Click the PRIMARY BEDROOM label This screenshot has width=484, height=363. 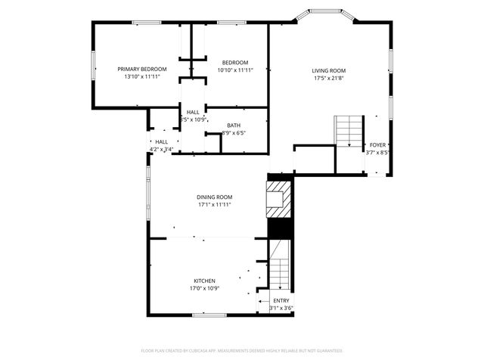(142, 69)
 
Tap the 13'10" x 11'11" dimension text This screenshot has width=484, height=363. (142, 76)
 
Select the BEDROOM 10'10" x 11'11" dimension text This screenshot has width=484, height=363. (234, 70)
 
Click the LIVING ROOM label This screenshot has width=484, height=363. (328, 70)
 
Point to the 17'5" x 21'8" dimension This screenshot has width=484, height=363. (328, 78)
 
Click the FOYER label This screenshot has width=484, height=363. (377, 144)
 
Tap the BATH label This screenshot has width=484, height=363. (234, 126)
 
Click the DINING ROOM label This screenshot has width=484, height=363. (214, 197)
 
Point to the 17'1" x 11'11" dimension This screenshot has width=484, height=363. (214, 204)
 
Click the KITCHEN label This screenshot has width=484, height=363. (204, 281)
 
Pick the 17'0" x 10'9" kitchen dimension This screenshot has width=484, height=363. (204, 288)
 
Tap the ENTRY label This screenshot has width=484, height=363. (281, 300)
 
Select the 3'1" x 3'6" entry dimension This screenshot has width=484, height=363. (281, 308)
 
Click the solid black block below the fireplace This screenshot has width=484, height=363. (279, 228)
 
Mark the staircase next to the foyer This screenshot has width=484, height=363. (349, 132)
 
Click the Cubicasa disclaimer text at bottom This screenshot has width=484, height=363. (242, 351)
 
